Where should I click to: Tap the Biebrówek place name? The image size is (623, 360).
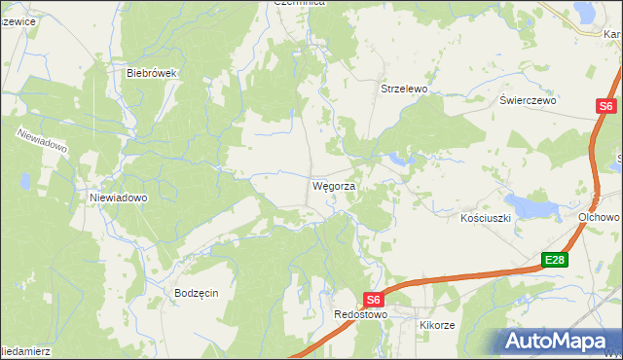pos(149,72)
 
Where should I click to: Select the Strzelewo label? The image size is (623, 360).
pos(403,89)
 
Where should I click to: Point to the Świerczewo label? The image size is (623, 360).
pos(527,100)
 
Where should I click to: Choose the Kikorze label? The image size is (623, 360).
pos(437,324)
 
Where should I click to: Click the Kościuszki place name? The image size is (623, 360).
pos(486,219)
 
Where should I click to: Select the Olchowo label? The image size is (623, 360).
pos(600,217)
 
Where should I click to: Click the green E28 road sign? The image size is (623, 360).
pos(555,260)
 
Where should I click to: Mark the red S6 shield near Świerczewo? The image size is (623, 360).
pos(605,106)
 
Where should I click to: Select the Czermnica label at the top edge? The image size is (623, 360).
pos(299,4)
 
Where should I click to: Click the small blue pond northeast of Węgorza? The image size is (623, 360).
pos(398,157)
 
